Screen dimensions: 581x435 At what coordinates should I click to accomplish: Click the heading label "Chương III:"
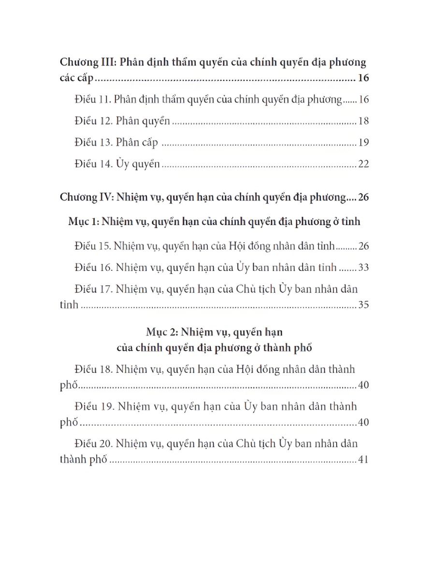(x=87, y=62)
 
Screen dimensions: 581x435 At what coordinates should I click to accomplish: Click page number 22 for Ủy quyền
(x=363, y=164)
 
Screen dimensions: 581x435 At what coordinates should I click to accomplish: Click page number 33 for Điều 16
(x=363, y=268)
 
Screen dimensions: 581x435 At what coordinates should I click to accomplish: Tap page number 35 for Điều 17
(x=363, y=306)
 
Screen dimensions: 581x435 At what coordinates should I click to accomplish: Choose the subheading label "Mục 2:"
(x=162, y=333)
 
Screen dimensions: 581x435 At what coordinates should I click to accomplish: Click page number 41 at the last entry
(x=363, y=459)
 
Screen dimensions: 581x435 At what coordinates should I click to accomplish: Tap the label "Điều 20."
(x=94, y=443)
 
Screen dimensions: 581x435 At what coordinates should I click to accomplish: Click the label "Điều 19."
(x=94, y=406)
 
